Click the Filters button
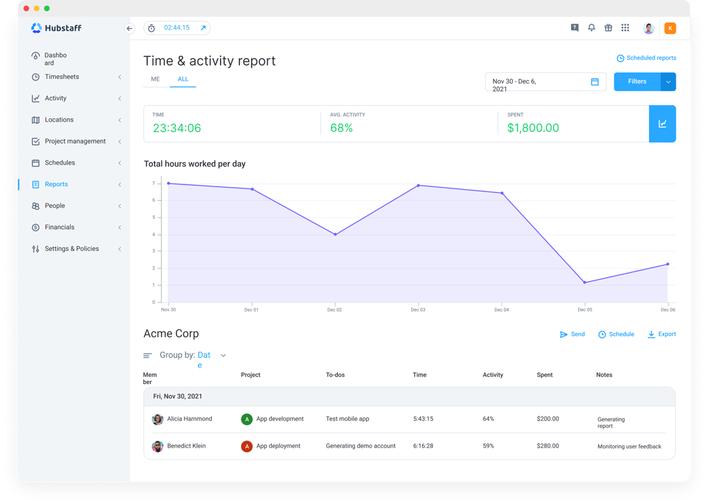point(636,81)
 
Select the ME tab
point(156,79)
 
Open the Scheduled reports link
point(646,58)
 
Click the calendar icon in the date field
point(594,82)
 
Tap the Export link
point(661,335)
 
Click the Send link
point(572,335)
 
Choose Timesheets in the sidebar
point(62,77)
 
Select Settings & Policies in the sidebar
point(72,249)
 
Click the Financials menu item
point(59,227)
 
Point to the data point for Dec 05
point(585,283)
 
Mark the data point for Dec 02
point(335,234)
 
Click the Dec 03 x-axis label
point(418,310)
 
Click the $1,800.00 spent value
point(533,128)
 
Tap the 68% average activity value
point(341,128)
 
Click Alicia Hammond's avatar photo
point(157,419)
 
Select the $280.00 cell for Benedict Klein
point(548,446)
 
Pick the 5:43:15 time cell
point(423,419)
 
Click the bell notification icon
point(591,28)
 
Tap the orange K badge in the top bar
point(670,28)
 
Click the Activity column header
point(493,375)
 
